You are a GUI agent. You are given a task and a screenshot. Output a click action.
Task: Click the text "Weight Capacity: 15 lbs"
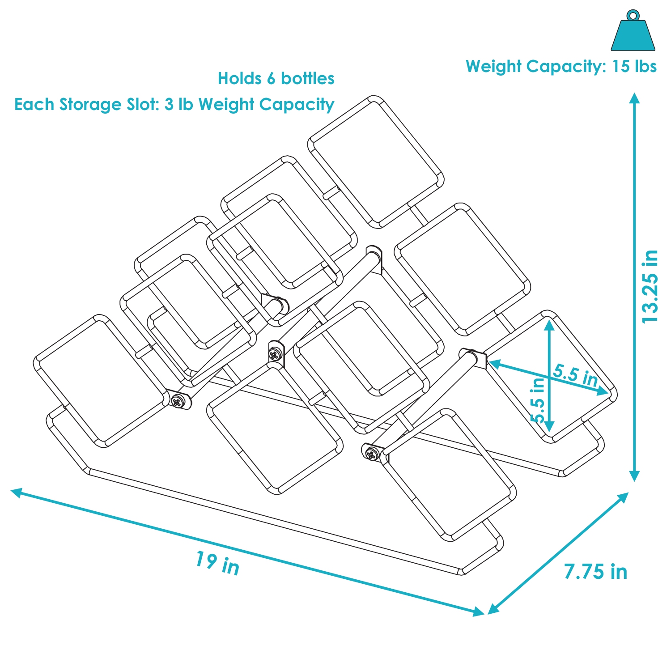(x=561, y=67)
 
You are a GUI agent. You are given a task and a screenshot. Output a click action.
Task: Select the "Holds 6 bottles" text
(x=276, y=79)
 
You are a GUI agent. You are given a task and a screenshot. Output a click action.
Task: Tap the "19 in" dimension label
(x=217, y=563)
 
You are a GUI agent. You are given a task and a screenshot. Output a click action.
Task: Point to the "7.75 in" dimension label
(x=595, y=572)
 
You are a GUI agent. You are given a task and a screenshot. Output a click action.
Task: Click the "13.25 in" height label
(x=650, y=287)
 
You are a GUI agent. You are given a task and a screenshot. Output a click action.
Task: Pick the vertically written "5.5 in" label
(x=538, y=400)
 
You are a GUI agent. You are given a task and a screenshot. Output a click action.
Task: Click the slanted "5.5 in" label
(x=575, y=375)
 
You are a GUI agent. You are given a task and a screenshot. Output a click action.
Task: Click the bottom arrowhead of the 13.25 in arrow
(x=634, y=476)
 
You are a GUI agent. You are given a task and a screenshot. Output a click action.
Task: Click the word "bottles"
(x=308, y=79)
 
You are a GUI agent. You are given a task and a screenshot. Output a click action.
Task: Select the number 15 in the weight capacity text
(x=621, y=67)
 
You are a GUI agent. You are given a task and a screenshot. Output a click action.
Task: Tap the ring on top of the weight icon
(x=633, y=15)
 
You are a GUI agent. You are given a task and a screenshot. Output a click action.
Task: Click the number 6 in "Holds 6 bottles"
(x=271, y=79)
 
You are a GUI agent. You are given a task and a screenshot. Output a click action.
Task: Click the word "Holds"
(x=239, y=79)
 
